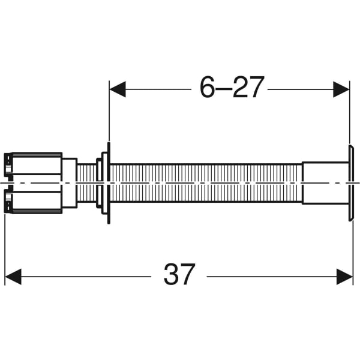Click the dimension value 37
point(179,275)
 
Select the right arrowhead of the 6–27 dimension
point(341,89)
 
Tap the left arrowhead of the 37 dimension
point(13,277)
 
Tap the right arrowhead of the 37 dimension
point(345,277)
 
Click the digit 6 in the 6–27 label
point(208,89)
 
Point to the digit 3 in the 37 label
point(170,275)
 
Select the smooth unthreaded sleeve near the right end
point(325,182)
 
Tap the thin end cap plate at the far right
point(351,182)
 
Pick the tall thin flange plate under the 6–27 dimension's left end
point(109,182)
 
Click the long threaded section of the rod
point(204,182)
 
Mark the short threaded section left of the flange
point(86,182)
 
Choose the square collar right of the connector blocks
point(70,182)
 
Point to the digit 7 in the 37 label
point(188,275)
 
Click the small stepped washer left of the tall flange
point(100,182)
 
